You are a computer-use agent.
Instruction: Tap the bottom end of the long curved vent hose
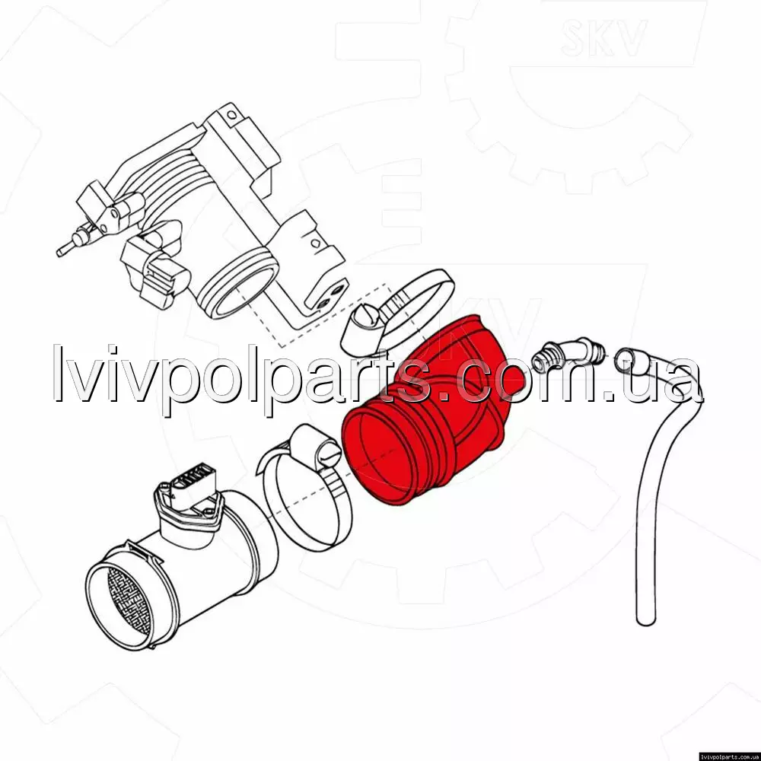[646, 619]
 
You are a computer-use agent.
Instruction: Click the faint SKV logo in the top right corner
[603, 37]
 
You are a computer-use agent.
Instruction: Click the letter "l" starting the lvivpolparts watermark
[58, 373]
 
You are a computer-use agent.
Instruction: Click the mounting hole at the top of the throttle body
[232, 115]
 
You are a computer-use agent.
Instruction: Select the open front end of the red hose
[381, 456]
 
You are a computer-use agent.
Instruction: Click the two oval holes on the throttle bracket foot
[330, 297]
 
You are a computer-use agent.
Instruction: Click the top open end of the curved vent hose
[626, 359]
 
